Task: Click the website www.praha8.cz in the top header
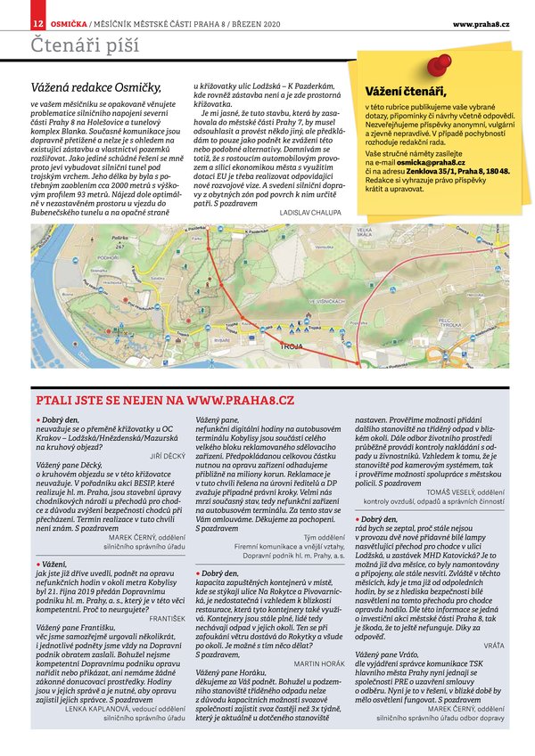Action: click(x=481, y=22)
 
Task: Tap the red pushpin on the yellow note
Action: click(x=438, y=64)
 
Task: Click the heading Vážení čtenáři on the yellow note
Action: click(x=406, y=91)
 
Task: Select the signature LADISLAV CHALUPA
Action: click(x=314, y=214)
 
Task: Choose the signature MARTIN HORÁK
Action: click(x=318, y=663)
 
